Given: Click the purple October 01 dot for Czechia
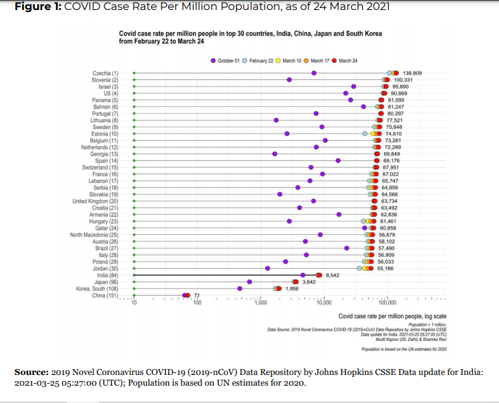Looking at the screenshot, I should point(314,73).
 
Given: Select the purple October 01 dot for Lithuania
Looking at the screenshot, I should point(276,120).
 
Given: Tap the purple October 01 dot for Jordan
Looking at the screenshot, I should point(267,268).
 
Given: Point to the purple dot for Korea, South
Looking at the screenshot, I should point(240,288).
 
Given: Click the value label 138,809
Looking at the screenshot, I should point(412,73).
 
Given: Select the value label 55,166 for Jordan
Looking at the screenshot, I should point(386,268).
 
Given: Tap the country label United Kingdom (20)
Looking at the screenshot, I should point(95,201).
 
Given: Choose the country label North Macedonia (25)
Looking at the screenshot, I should point(94,234).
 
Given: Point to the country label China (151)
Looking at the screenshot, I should point(105,295).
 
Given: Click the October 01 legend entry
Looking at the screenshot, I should point(225,61).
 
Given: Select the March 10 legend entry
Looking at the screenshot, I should point(288,61).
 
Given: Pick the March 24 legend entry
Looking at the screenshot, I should point(345,61).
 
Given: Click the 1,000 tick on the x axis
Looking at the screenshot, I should point(261,302).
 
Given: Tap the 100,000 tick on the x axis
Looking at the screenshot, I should point(387,302).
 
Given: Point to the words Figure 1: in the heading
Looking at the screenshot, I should point(37,7).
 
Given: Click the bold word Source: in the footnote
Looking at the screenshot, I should point(31,371).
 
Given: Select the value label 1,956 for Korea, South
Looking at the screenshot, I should point(292,288).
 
